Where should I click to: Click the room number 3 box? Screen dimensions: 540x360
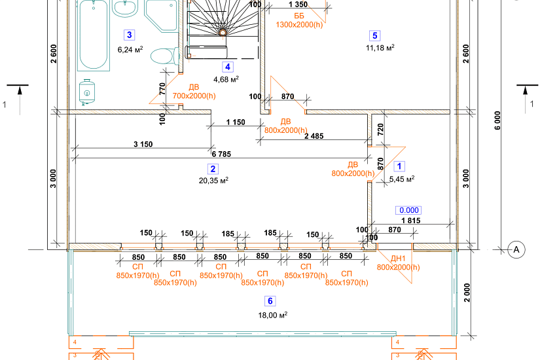129,35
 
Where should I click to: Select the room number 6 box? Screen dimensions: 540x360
270,301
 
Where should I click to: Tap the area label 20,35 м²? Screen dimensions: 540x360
213,180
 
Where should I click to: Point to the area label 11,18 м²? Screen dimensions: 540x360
380,48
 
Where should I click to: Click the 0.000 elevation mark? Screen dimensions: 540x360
408,210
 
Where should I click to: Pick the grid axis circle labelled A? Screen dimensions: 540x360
516,249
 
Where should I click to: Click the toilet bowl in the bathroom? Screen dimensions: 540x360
164,56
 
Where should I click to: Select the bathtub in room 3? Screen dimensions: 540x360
94,35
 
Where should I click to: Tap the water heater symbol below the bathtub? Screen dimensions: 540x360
87,92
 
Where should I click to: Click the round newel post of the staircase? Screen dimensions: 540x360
223,33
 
